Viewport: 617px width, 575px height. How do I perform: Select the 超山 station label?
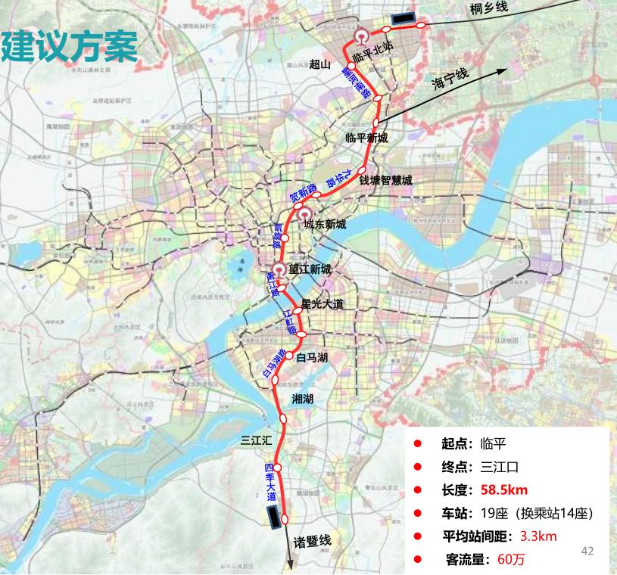[321, 65]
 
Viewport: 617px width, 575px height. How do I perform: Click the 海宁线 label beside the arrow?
[451, 78]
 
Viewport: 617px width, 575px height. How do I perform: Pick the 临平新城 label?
[366, 138]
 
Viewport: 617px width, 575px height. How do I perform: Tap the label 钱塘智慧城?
[386, 181]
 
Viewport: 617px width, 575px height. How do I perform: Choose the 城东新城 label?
[325, 224]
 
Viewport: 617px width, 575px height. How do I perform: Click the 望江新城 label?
[310, 269]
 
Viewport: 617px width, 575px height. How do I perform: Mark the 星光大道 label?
[323, 304]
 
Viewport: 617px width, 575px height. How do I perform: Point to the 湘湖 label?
[302, 398]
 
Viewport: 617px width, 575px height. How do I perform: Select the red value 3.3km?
[538, 536]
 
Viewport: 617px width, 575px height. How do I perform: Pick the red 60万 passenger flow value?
[511, 560]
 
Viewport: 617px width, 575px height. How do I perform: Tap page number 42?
[587, 551]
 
